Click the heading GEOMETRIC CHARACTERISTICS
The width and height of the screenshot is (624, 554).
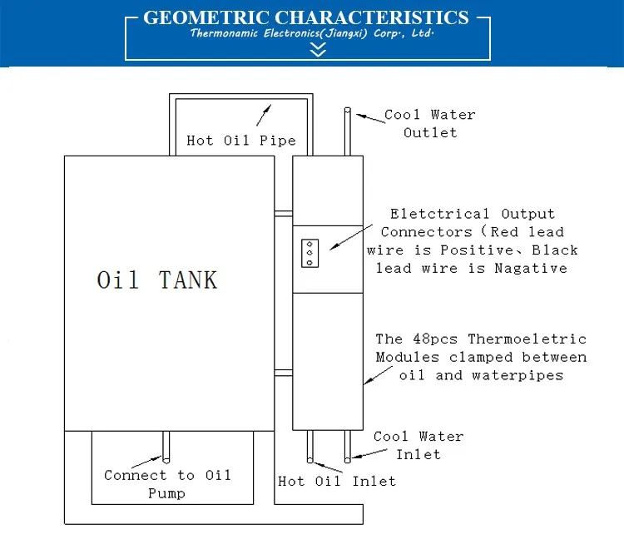[x=305, y=17]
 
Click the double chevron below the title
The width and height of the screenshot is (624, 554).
[x=316, y=50]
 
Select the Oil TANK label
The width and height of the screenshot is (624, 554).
[x=157, y=279]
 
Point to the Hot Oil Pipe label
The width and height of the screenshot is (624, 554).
[x=240, y=140]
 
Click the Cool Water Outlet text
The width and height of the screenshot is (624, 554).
[x=429, y=123]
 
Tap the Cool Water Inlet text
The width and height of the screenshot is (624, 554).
[x=418, y=445]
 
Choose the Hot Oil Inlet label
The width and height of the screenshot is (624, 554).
[x=337, y=481]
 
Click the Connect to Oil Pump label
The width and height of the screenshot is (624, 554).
[x=167, y=484]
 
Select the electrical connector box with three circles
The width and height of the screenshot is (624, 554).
[x=310, y=252]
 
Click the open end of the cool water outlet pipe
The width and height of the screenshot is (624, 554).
[x=348, y=111]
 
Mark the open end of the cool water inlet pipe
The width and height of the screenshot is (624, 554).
[x=348, y=457]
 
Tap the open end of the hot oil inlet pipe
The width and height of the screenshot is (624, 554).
[x=311, y=458]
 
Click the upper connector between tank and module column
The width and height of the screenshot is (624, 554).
[x=283, y=214]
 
